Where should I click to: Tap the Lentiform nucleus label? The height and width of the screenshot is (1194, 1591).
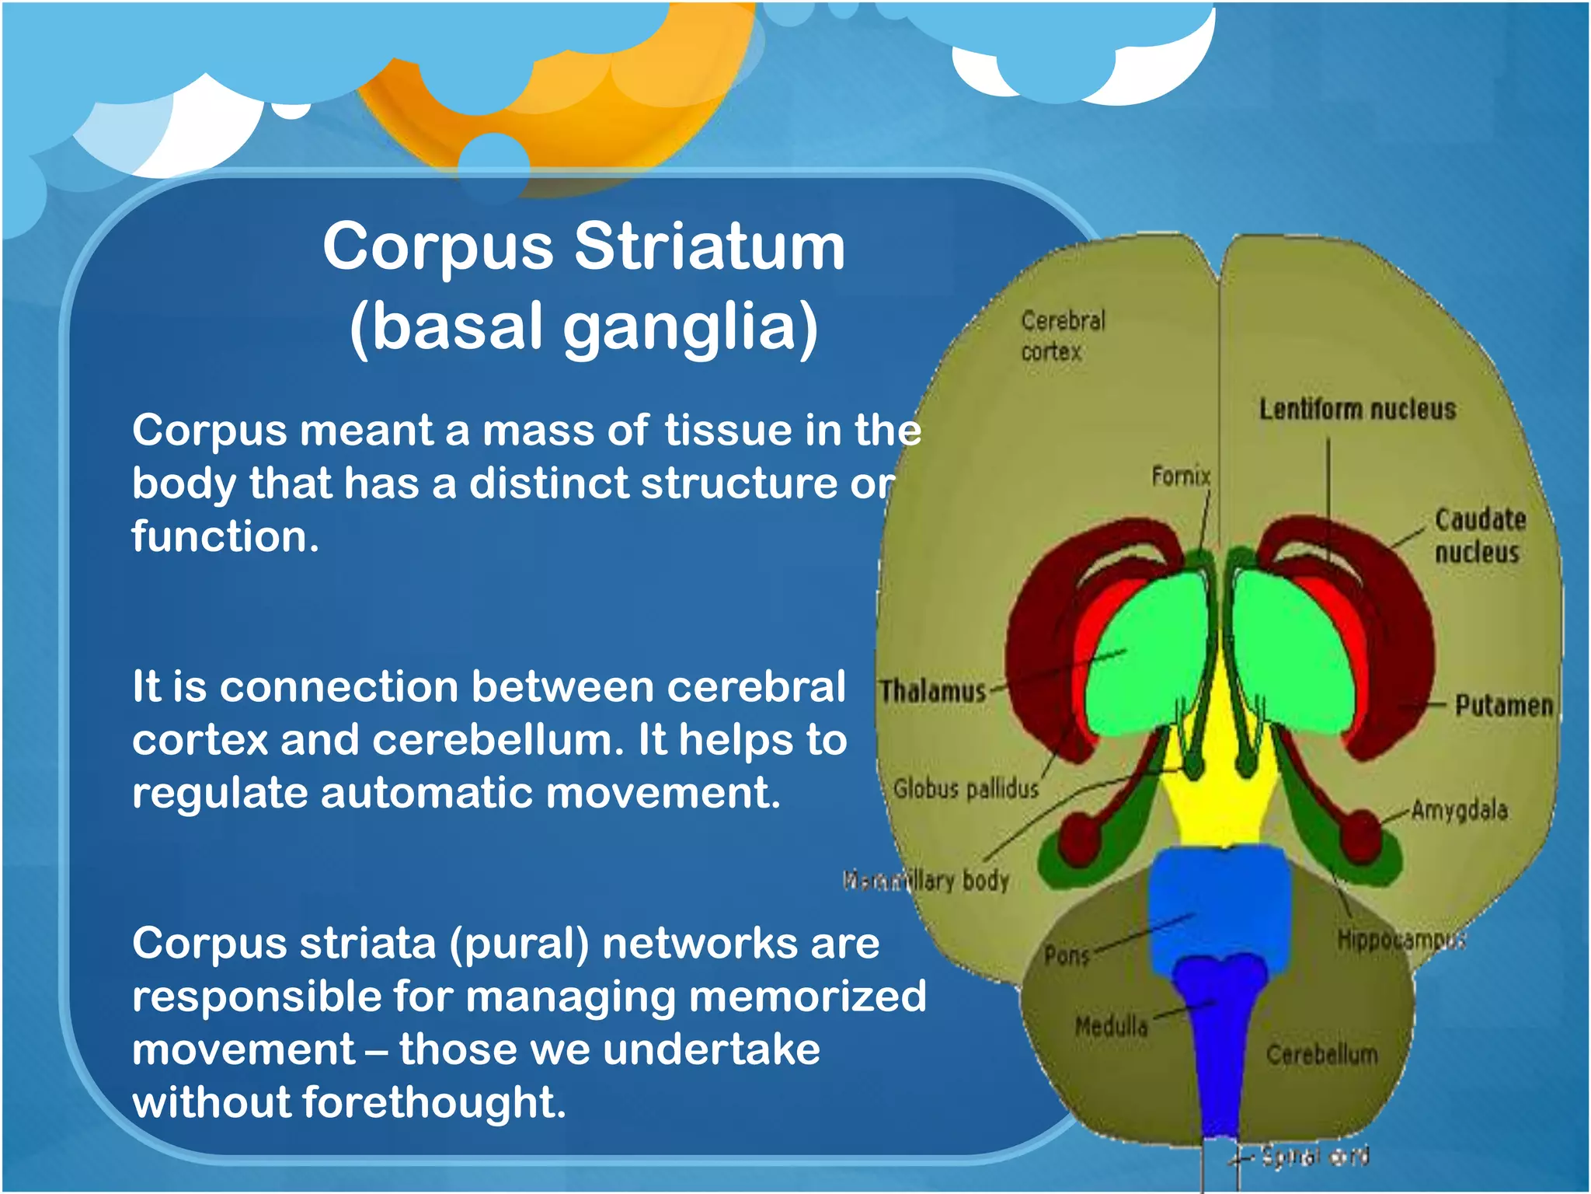1356,410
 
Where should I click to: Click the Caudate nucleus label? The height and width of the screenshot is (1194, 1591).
1478,536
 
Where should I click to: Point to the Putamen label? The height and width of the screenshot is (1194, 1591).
1503,706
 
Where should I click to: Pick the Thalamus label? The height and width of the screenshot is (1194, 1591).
932,691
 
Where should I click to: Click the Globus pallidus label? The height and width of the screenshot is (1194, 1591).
966,789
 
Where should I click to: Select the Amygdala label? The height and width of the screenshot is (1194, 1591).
1459,810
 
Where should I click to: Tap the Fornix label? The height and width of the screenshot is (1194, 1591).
1180,476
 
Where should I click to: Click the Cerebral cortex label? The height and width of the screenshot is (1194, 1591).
1061,336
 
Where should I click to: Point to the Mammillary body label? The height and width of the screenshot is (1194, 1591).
926,881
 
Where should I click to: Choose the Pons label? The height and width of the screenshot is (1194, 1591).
1066,955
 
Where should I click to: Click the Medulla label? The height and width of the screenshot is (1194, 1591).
1111,1027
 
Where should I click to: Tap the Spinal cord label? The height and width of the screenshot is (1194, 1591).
1314,1157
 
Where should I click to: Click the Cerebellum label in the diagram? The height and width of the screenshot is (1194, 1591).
1321,1055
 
